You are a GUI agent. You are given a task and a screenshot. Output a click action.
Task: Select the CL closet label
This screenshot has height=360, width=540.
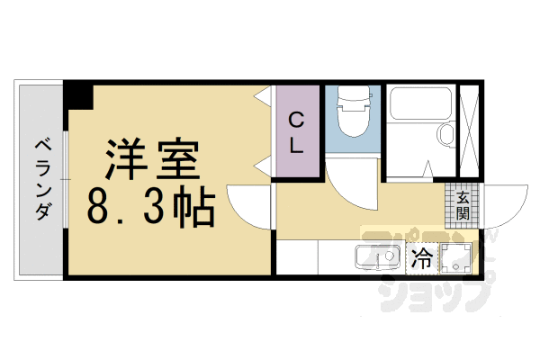297,130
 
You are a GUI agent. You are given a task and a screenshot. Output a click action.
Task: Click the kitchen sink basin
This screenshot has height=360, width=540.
370,258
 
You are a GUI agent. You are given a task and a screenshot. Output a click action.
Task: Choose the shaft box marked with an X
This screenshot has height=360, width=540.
468,130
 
